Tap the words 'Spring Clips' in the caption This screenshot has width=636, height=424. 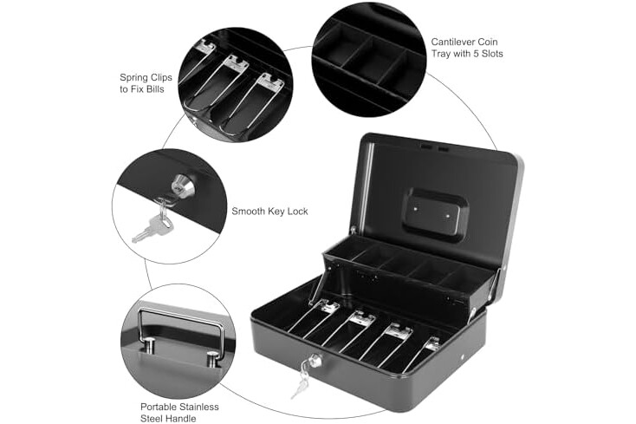(146, 77)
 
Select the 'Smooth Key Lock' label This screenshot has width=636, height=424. (269, 212)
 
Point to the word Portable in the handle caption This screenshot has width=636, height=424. (159, 407)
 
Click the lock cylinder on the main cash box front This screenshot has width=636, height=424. (315, 360)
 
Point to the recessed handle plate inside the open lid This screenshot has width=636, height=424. (433, 215)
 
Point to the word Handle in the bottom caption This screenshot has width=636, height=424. (178, 418)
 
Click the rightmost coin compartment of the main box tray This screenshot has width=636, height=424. (467, 277)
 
